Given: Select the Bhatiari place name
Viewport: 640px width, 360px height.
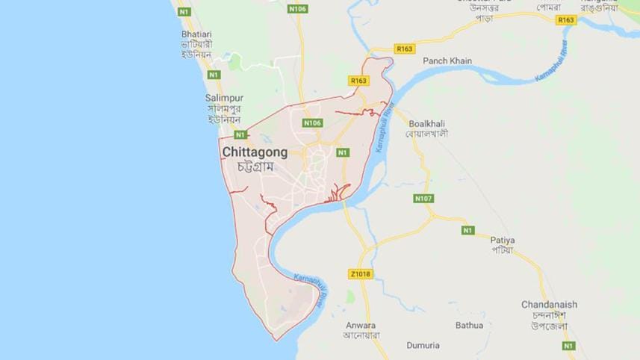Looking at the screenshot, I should pyautogui.click(x=198, y=34).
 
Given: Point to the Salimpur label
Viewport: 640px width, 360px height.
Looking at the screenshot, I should pyautogui.click(x=223, y=98).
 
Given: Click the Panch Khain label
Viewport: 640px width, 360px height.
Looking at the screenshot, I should pyautogui.click(x=447, y=60).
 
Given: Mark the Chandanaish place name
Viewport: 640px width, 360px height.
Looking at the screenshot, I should pyautogui.click(x=550, y=305).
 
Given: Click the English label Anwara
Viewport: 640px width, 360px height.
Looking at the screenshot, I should pyautogui.click(x=361, y=326).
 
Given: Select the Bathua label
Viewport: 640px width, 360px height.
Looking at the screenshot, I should pyautogui.click(x=469, y=325).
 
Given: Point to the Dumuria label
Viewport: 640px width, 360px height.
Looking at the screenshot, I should pyautogui.click(x=423, y=346).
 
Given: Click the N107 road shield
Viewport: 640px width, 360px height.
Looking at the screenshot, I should pyautogui.click(x=423, y=199).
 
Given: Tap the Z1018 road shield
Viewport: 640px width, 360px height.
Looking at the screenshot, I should pyautogui.click(x=360, y=274).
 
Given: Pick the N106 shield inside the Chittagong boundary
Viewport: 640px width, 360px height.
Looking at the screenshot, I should pyautogui.click(x=312, y=122).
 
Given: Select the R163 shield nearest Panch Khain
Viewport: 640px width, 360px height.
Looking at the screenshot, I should pyautogui.click(x=405, y=49).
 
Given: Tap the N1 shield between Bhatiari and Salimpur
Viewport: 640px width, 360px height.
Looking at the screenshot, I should pyautogui.click(x=214, y=75).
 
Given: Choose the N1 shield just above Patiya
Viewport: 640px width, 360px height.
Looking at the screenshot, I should pyautogui.click(x=467, y=229).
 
